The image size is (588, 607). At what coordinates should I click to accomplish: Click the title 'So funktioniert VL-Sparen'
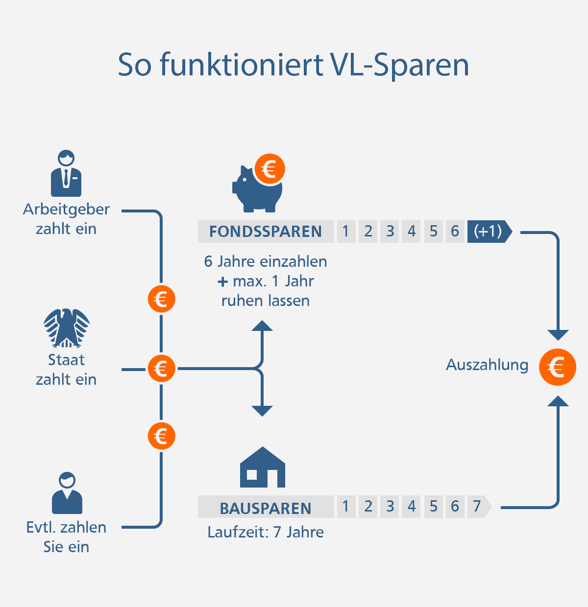pos(294,65)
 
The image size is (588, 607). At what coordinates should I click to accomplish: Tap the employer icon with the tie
pos(66,174)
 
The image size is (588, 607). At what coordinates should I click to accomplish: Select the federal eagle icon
pos(66,328)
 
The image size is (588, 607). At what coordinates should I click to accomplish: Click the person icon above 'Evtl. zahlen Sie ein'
pos(67,493)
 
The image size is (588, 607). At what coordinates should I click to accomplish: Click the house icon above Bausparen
pos(262,467)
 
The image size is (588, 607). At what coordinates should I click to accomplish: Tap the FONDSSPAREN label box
pos(266,232)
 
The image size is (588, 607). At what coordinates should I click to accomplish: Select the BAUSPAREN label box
pos(266,508)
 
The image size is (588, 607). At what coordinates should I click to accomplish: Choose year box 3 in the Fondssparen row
pos(390,231)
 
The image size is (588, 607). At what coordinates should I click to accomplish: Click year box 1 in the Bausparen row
pos(346,506)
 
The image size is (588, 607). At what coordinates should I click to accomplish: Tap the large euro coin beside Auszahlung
pos(557,367)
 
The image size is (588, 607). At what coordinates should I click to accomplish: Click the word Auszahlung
pos(487,365)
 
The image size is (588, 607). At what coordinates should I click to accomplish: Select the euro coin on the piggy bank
pos(269,169)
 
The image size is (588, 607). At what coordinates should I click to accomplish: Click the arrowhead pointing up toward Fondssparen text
pos(262,327)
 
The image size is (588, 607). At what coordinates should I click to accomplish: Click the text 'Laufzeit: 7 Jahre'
pos(266,532)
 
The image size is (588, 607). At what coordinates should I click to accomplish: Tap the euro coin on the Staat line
pos(161,369)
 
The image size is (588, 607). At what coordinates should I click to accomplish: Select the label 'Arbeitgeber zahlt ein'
pos(66,219)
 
